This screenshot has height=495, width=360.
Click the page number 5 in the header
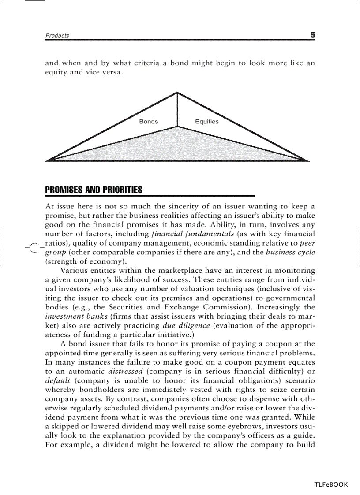[x=312, y=35]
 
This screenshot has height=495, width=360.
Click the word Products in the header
[x=57, y=36]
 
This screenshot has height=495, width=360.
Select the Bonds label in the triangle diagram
[x=148, y=122]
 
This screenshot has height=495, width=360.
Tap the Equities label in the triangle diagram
[x=206, y=122]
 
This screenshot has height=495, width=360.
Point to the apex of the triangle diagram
[x=177, y=93]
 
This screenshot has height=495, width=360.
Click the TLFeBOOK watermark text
[x=331, y=484]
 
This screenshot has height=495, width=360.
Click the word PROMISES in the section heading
[x=64, y=190]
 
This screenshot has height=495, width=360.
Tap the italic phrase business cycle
[x=290, y=252]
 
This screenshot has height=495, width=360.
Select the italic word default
[x=58, y=380]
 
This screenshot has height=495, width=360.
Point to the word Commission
[x=236, y=307]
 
